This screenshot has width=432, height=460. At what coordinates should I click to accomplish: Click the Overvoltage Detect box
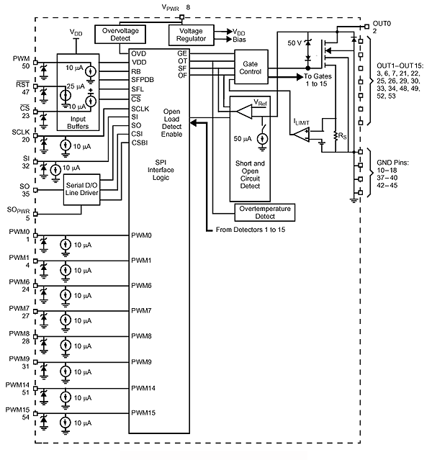(x=120, y=35)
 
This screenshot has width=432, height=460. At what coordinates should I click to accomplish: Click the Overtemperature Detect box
(x=265, y=212)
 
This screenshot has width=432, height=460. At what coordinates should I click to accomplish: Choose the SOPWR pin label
(x=18, y=210)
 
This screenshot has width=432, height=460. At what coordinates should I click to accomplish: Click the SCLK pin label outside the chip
(x=19, y=132)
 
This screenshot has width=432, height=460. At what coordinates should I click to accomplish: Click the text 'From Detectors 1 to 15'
(x=253, y=230)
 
